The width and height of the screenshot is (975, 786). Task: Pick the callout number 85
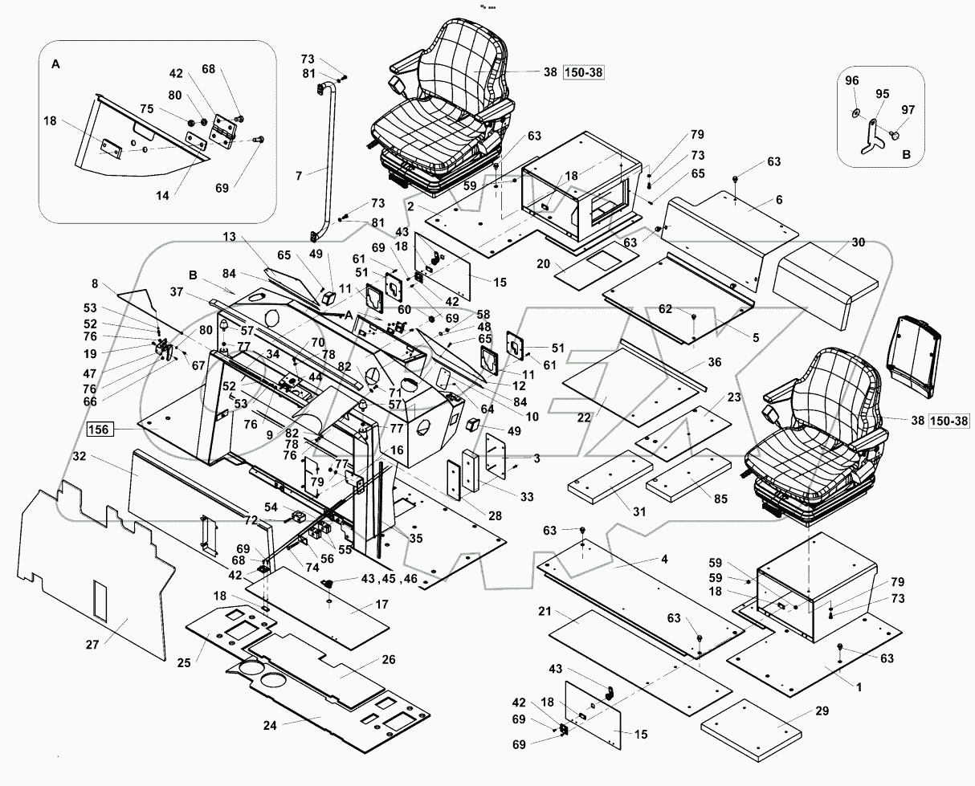tap(720, 499)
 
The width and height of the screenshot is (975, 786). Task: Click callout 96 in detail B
tap(851, 79)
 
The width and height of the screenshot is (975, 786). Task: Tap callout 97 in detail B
tap(908, 109)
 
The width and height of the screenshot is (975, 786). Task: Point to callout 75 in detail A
tap(146, 109)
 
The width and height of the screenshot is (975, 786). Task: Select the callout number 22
tap(584, 418)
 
